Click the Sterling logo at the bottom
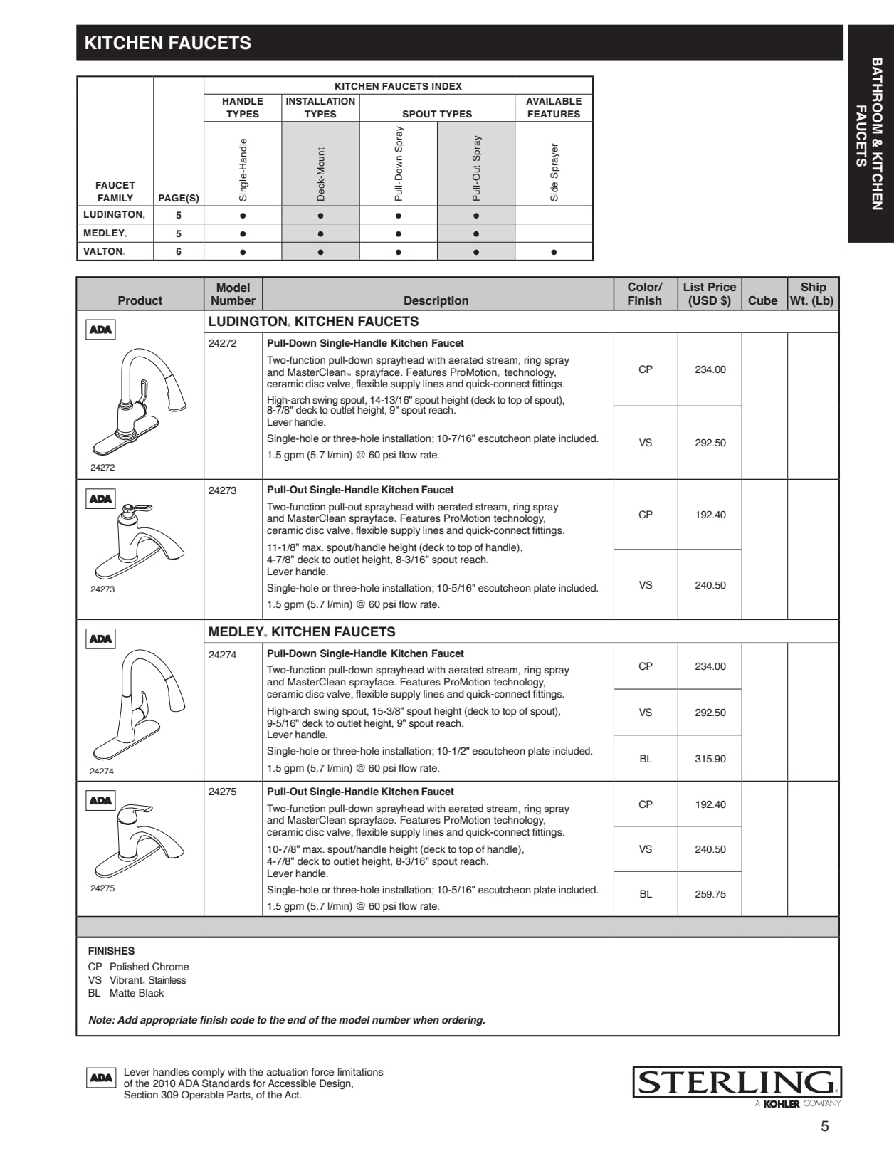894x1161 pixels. pos(737,1083)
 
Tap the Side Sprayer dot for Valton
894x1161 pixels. pos(554,252)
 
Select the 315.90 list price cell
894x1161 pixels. pos(710,759)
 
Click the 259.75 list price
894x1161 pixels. pos(710,894)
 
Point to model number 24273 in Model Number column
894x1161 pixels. pos(223,490)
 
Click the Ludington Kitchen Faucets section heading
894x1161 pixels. pos(313,322)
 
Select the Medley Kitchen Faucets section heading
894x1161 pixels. pos(302,632)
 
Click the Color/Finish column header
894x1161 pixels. pos(645,293)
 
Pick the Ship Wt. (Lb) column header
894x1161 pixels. pos(812,293)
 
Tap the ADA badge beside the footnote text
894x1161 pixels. pos(100,1078)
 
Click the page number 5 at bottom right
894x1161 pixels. pos(825,1126)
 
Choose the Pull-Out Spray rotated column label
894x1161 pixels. pos(476,168)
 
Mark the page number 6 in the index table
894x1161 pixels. pos(179,252)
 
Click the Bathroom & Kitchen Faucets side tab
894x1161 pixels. pos(870,134)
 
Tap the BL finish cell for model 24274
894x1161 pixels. pos(646,759)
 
